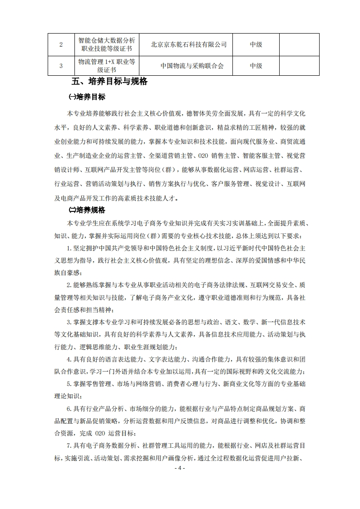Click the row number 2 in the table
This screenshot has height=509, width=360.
tap(61, 45)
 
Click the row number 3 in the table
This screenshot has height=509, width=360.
tap(61, 66)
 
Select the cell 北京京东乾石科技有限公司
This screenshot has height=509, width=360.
tap(188, 45)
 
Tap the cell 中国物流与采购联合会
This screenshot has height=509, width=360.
tap(192, 66)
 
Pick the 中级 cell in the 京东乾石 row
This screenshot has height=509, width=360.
tap(256, 45)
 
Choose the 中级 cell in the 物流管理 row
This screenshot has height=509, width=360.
tap(256, 66)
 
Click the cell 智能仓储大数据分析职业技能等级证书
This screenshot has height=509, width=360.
tap(106, 45)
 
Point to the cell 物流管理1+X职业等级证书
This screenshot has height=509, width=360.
tap(106, 66)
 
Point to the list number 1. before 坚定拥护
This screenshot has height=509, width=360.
tap(69, 248)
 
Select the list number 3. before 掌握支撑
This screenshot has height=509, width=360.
tap(69, 323)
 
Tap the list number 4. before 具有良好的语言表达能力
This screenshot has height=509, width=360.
tap(69, 360)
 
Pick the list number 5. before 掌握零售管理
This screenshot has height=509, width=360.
tap(69, 384)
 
